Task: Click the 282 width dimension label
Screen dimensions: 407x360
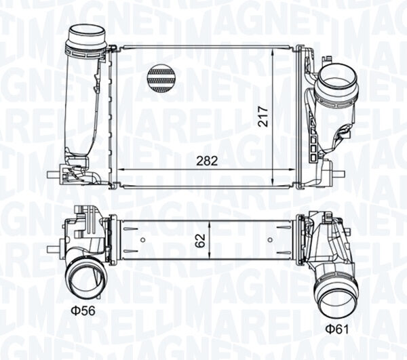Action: pyautogui.click(x=207, y=161)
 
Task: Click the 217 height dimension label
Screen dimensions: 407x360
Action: pyautogui.click(x=263, y=116)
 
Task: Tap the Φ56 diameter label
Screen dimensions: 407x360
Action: pyautogui.click(x=83, y=311)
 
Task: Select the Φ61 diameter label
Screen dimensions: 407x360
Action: pyautogui.click(x=337, y=329)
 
